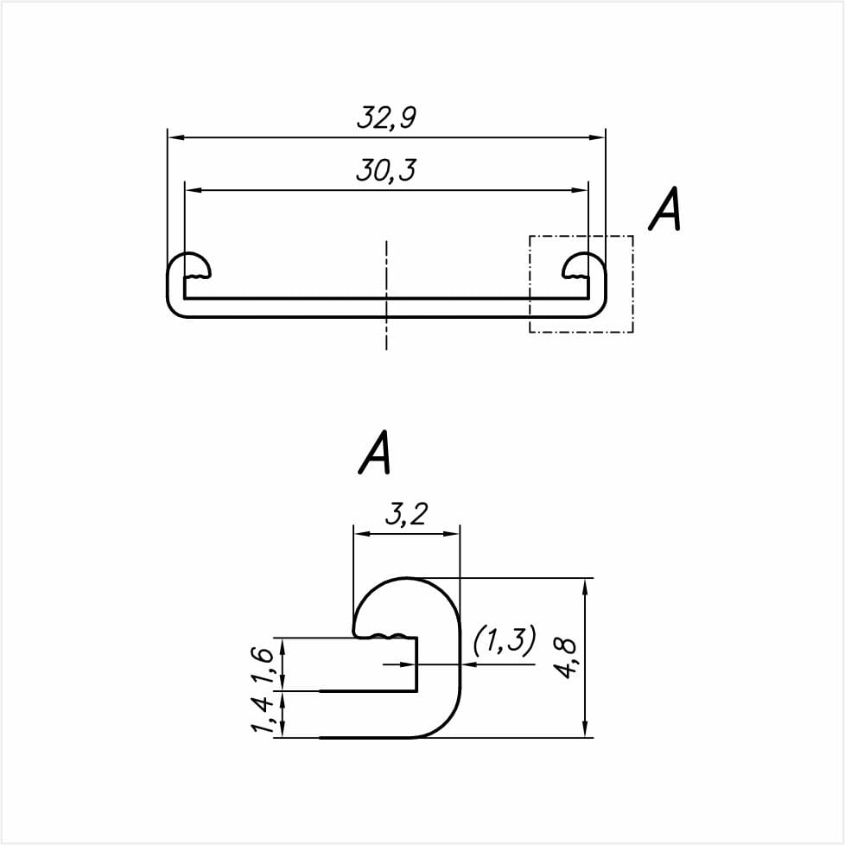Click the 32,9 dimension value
[386, 118]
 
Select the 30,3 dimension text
[386, 170]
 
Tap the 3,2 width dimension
[406, 515]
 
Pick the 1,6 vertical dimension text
[262, 664]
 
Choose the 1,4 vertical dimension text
[262, 714]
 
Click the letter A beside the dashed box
[665, 209]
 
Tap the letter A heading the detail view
[374, 452]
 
